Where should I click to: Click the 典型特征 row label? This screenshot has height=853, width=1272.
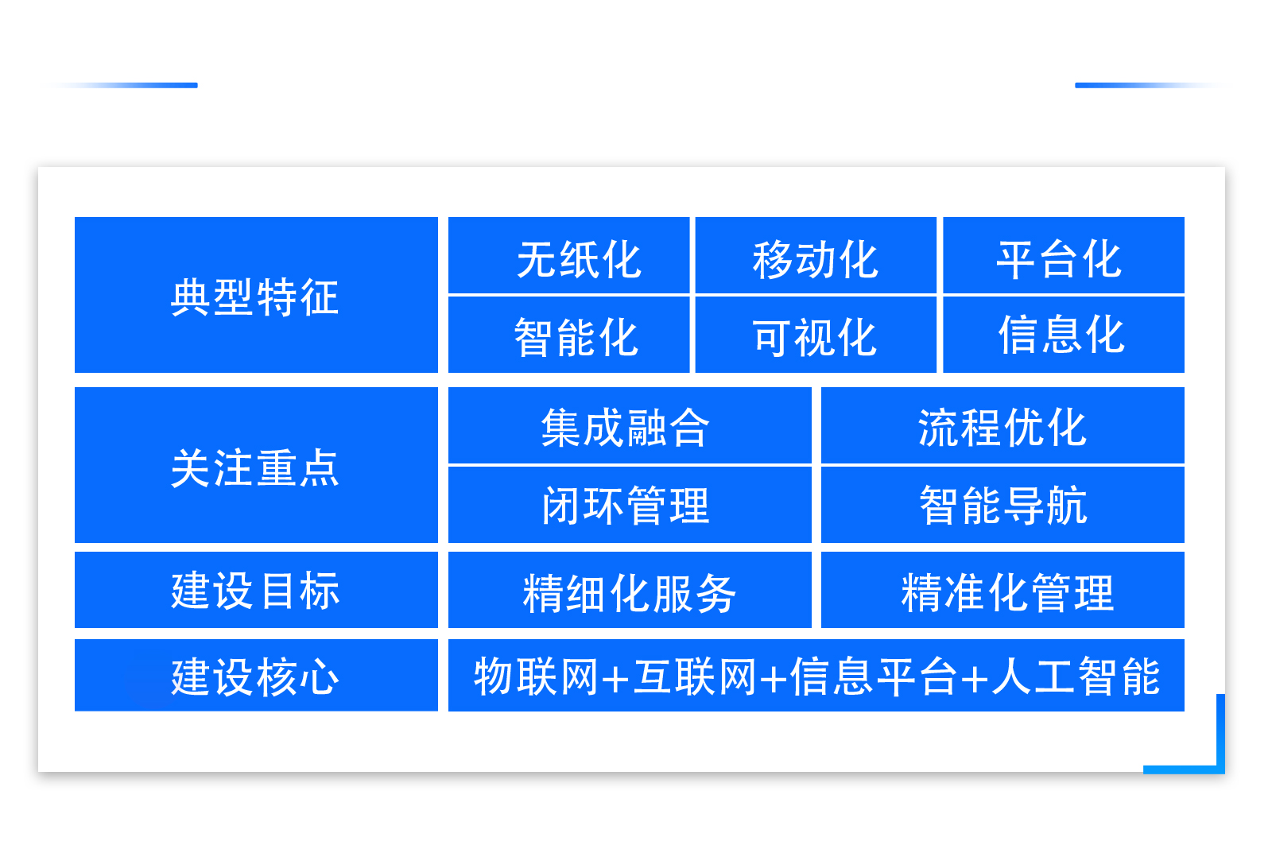(255, 297)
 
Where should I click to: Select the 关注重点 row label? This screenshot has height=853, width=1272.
(255, 467)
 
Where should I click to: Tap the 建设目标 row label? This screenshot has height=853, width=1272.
(255, 591)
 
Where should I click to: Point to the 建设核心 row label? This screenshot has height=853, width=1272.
(255, 677)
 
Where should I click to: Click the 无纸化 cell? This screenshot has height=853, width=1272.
(578, 259)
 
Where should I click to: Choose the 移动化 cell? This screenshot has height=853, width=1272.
(815, 259)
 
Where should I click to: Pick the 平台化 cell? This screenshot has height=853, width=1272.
(1059, 259)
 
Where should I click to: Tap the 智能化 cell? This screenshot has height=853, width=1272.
(576, 336)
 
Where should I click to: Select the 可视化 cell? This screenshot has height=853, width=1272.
(815, 336)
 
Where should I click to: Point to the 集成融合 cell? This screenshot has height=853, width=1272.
(625, 427)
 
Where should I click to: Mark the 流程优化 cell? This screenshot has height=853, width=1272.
(1002, 427)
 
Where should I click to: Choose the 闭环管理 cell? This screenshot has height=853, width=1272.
(625, 506)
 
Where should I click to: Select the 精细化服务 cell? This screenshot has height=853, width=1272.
(629, 593)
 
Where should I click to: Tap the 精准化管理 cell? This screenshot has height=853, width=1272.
(1006, 593)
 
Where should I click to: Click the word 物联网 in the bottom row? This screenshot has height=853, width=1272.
(536, 677)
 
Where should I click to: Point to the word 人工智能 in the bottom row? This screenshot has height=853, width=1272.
(1076, 677)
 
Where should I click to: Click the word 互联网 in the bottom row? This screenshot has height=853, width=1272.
(695, 677)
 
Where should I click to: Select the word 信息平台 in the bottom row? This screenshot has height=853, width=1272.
(873, 677)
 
